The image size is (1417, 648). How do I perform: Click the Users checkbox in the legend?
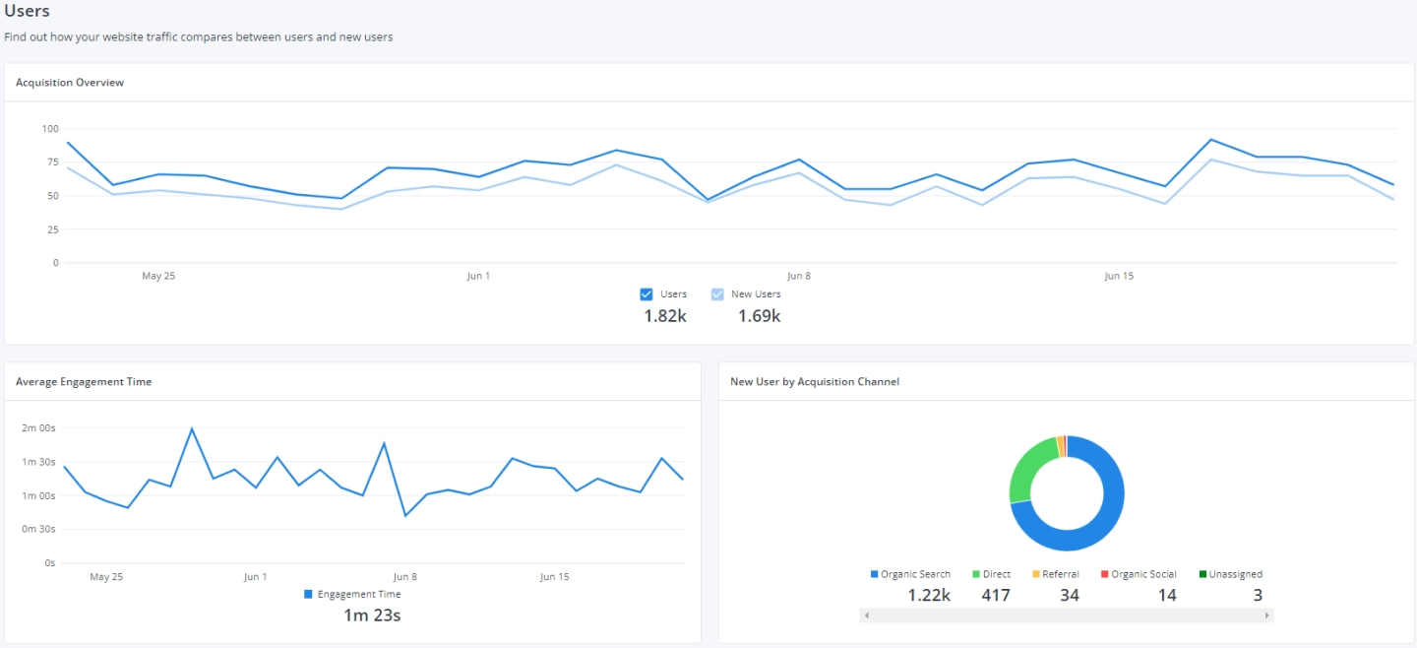[647, 294]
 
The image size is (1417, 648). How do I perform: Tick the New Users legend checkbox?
[717, 294]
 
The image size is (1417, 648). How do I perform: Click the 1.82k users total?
[665, 316]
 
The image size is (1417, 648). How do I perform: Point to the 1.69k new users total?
[759, 316]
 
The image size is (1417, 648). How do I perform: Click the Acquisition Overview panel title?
[70, 83]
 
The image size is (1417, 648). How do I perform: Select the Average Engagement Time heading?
[84, 381]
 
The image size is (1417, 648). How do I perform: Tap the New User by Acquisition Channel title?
[814, 381]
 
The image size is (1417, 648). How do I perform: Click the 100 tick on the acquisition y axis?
[50, 129]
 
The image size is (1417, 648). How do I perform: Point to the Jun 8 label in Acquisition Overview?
[799, 276]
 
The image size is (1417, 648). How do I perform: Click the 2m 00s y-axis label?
[38, 428]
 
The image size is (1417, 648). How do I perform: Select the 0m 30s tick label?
[38, 529]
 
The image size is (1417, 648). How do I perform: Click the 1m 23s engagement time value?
[372, 616]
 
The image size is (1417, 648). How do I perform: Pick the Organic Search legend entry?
[910, 574]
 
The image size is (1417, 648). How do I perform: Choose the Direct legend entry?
[992, 574]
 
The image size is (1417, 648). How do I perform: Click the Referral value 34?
[1070, 595]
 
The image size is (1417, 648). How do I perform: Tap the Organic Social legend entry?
[1139, 574]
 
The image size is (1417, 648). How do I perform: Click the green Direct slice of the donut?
[1027, 471]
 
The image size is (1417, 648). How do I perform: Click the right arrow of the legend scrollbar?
[1267, 616]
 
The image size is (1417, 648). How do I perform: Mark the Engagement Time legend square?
[308, 595]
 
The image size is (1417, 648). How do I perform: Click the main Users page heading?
[27, 11]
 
